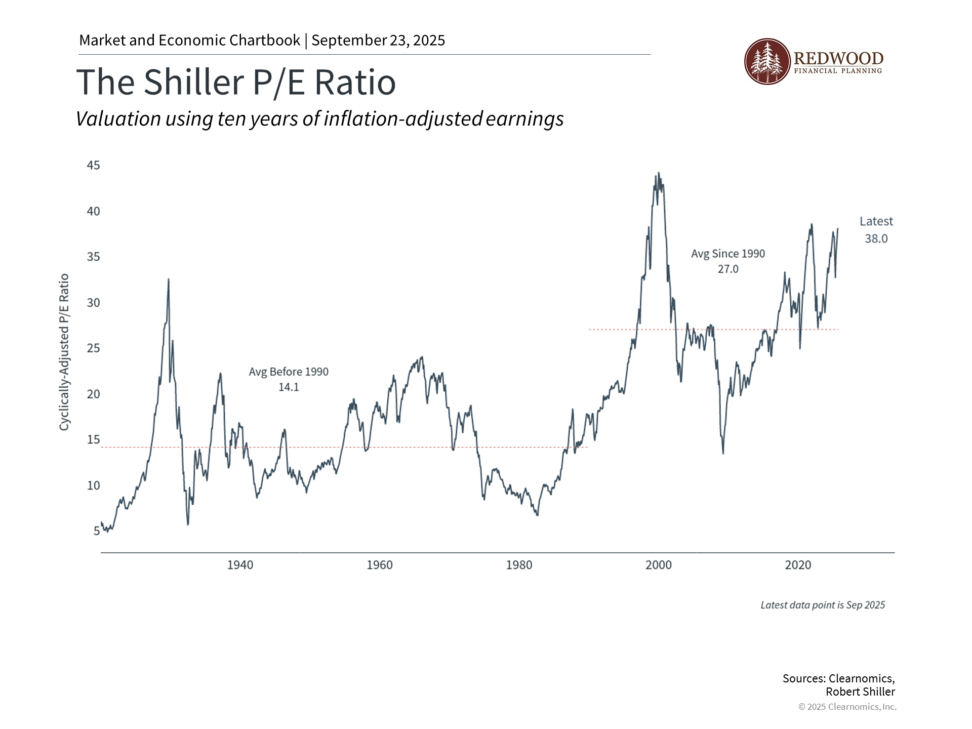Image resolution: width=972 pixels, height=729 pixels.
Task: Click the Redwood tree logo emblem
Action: click(x=767, y=61)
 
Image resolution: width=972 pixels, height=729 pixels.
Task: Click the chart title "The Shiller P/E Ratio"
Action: click(x=236, y=82)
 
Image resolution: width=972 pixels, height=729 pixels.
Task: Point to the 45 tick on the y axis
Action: click(x=93, y=166)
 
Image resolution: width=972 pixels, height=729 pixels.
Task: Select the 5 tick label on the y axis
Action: click(x=96, y=531)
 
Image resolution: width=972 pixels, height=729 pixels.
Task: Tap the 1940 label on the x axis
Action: click(x=240, y=565)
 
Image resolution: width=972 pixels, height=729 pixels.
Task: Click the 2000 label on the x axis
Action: click(x=658, y=565)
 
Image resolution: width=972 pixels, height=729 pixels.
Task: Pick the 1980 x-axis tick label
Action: click(x=519, y=565)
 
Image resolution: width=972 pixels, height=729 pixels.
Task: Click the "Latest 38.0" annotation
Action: click(x=876, y=230)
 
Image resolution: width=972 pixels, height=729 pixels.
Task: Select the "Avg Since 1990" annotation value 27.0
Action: click(x=728, y=269)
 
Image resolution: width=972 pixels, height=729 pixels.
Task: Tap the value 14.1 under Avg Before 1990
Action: click(x=289, y=387)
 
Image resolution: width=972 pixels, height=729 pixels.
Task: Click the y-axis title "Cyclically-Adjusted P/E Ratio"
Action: click(x=64, y=352)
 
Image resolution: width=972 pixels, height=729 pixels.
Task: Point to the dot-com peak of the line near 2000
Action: click(x=658, y=174)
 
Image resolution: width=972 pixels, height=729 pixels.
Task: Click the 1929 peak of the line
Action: click(x=168, y=279)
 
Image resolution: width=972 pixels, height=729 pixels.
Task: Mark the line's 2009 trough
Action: click(x=723, y=453)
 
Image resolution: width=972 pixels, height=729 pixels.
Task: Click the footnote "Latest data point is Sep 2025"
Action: click(x=823, y=605)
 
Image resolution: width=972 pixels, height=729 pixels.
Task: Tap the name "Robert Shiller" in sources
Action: click(x=860, y=692)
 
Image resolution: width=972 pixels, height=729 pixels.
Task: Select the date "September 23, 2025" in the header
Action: click(x=378, y=40)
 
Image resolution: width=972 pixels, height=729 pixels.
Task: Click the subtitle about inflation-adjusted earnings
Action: click(x=319, y=119)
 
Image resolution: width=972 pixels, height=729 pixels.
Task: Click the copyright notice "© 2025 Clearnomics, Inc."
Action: click(x=847, y=707)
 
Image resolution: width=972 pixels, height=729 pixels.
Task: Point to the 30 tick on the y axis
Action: click(x=93, y=303)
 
